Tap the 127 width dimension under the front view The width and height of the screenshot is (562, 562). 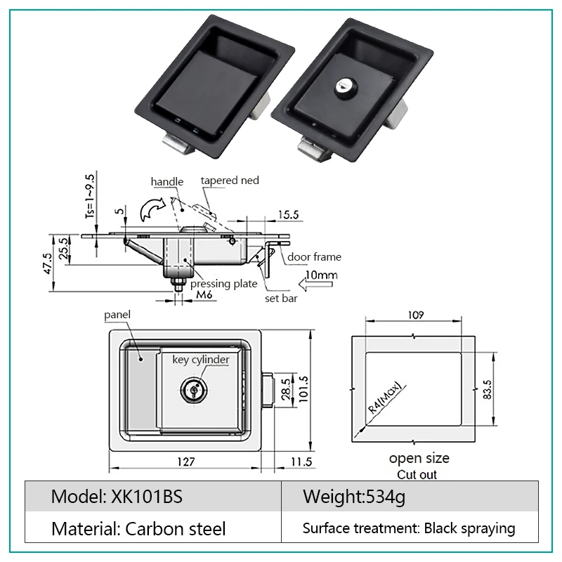tap(185, 462)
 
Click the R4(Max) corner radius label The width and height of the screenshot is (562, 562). tap(379, 407)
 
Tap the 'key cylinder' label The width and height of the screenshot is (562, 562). tap(201, 360)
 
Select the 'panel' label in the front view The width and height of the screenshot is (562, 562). tap(117, 314)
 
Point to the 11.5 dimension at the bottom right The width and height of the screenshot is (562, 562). tap(299, 462)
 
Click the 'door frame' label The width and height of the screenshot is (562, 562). tap(313, 257)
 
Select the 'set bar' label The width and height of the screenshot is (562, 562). tap(280, 298)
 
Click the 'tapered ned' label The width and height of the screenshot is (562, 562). tap(230, 181)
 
